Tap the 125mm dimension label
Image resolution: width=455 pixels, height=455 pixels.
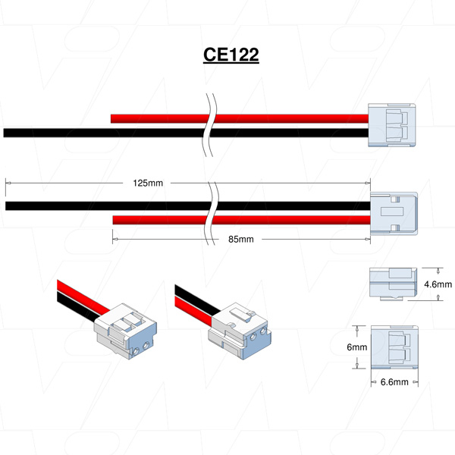click(x=149, y=183)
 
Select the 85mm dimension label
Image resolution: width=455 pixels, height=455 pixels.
click(x=240, y=239)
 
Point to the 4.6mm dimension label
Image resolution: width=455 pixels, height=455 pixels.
click(x=438, y=284)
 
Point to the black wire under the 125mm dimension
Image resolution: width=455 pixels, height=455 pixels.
click(x=99, y=206)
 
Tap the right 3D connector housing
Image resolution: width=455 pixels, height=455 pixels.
click(x=239, y=331)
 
